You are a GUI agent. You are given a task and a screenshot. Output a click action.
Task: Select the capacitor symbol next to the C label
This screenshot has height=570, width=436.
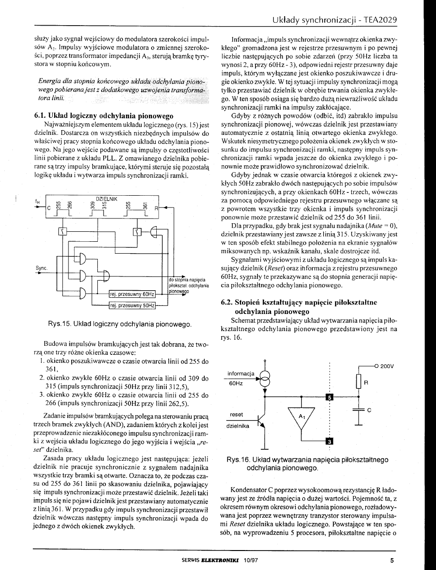pyautogui.click(x=358, y=409)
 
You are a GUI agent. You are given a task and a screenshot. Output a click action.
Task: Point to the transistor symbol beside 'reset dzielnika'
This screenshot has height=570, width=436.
pyautogui.click(x=261, y=421)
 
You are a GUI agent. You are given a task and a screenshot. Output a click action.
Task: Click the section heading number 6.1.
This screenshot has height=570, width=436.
pyautogui.click(x=40, y=115)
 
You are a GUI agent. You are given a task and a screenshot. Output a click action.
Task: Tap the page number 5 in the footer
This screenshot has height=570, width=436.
pyautogui.click(x=392, y=560)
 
